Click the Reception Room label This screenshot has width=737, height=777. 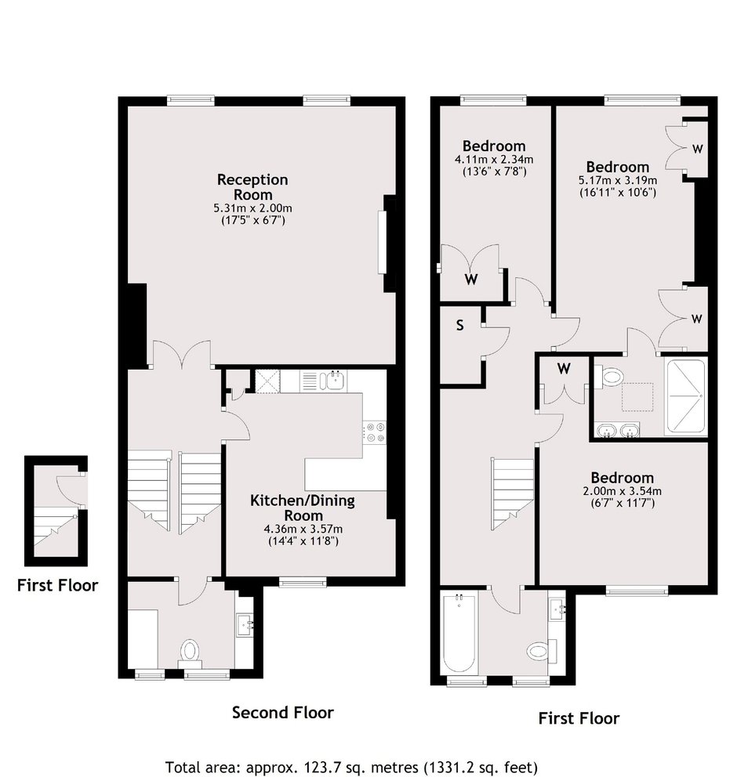[x=252, y=187]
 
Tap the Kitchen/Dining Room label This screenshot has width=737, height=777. [x=303, y=508]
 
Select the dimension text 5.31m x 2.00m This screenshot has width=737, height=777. [x=252, y=208]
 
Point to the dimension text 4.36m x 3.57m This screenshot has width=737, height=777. [x=303, y=529]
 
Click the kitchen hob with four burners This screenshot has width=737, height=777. [x=375, y=432]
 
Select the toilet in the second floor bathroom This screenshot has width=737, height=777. [x=190, y=650]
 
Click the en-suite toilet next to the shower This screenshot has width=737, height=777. [x=609, y=377]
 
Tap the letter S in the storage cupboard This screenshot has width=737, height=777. [x=459, y=325]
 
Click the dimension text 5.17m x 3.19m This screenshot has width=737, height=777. [x=618, y=180]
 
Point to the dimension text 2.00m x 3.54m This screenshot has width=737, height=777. [x=622, y=491]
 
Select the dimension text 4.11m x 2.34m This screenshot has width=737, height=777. [x=493, y=159]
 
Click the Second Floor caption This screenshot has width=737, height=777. [x=283, y=713]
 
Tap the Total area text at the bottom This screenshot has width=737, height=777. [x=351, y=767]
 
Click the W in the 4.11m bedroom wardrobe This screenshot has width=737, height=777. [x=470, y=280]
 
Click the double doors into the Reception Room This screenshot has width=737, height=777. [x=183, y=354]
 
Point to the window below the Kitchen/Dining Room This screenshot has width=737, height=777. [x=303, y=582]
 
